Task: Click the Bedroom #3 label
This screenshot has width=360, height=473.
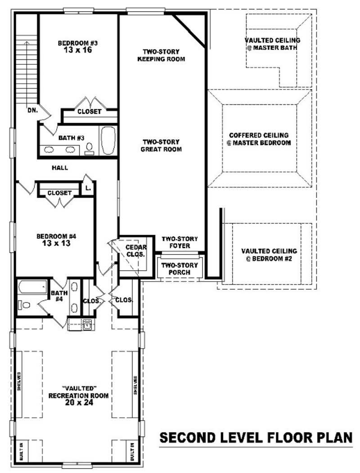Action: pyautogui.click(x=78, y=43)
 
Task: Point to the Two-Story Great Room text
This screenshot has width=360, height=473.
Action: pyautogui.click(x=162, y=145)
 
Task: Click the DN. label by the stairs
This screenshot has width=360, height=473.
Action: pyautogui.click(x=32, y=109)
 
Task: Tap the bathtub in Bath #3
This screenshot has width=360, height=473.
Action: pyautogui.click(x=108, y=141)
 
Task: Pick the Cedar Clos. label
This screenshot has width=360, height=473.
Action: pyautogui.click(x=135, y=251)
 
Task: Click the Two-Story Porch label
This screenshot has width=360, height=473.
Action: pyautogui.click(x=176, y=269)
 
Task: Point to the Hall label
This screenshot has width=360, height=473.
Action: pyautogui.click(x=60, y=168)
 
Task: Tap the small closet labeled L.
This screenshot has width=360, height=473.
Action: pyautogui.click(x=88, y=188)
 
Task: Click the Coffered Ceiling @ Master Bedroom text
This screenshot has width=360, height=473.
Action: pyautogui.click(x=259, y=139)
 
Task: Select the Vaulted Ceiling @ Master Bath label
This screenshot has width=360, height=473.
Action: pyautogui.click(x=272, y=44)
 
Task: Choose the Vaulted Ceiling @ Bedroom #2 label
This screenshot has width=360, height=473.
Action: pyautogui.click(x=269, y=255)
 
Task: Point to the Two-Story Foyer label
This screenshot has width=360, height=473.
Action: pyautogui.click(x=180, y=242)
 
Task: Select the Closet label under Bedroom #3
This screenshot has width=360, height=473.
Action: pyautogui.click(x=89, y=112)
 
